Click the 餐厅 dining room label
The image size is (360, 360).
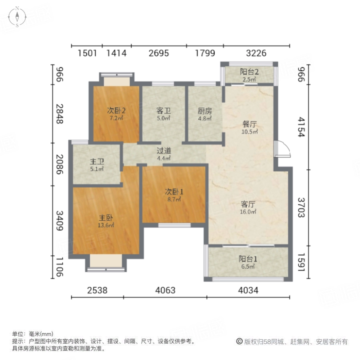249,124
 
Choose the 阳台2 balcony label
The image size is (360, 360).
249,72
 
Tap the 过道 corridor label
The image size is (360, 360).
164,151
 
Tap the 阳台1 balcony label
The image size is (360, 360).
249,259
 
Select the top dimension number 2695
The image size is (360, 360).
159,53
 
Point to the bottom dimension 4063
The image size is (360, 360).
165,290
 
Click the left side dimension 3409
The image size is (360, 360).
59,220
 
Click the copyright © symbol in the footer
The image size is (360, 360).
239,342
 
